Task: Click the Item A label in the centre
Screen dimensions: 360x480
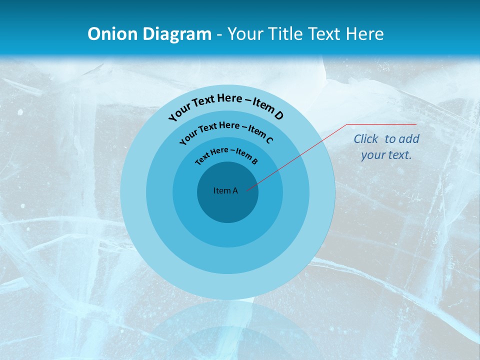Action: click(225, 190)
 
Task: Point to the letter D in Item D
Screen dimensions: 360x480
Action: click(278, 115)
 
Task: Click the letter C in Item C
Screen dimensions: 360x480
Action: click(269, 140)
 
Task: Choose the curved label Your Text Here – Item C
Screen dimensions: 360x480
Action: click(226, 132)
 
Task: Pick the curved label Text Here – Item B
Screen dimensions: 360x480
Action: click(226, 154)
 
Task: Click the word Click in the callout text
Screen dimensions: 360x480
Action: click(366, 139)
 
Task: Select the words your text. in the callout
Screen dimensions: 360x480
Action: click(386, 155)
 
